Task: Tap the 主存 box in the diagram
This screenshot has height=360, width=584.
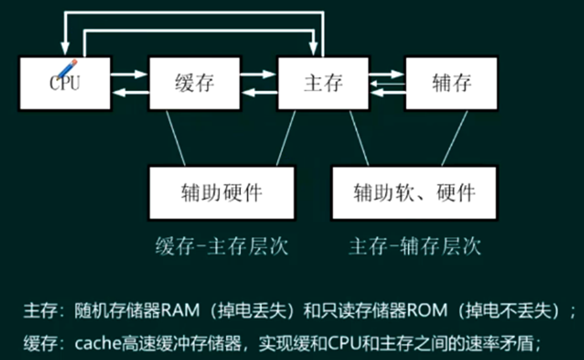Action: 322,82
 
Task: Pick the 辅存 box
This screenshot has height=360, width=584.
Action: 452,82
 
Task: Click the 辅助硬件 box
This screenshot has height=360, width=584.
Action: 222,193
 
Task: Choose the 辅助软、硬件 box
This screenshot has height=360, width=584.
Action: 415,193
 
